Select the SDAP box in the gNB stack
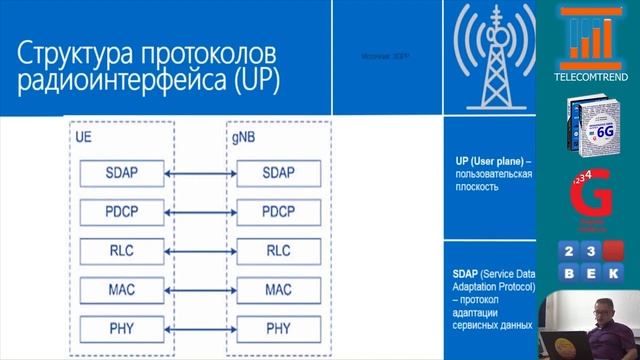click(x=279, y=172)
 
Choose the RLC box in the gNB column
click(x=279, y=250)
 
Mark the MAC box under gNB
click(x=279, y=289)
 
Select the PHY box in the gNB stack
click(x=279, y=327)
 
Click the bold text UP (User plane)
click(x=490, y=160)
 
